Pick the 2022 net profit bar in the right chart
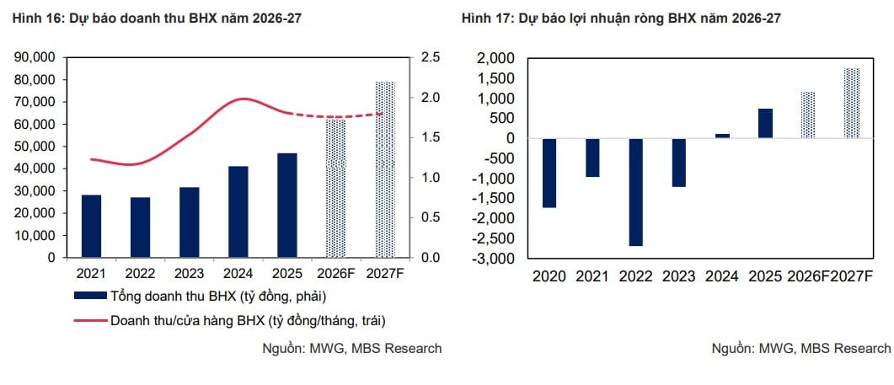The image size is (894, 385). click(636, 192)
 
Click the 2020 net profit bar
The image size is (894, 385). click(549, 173)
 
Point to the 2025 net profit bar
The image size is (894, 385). click(765, 123)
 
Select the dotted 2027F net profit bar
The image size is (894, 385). click(852, 103)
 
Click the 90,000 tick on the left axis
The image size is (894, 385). click(35, 57)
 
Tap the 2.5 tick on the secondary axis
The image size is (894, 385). click(431, 57)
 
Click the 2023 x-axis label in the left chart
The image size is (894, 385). click(189, 274)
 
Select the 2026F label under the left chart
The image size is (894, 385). click(336, 274)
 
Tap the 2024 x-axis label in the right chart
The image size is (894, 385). click(722, 276)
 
